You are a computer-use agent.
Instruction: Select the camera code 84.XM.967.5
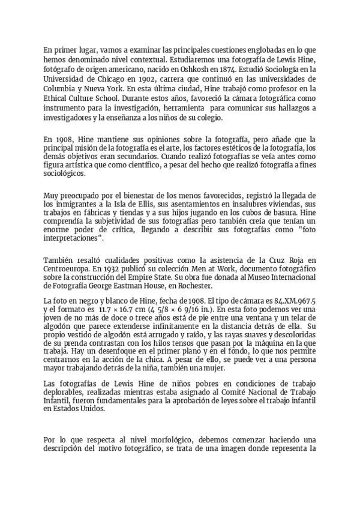point(293,300)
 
